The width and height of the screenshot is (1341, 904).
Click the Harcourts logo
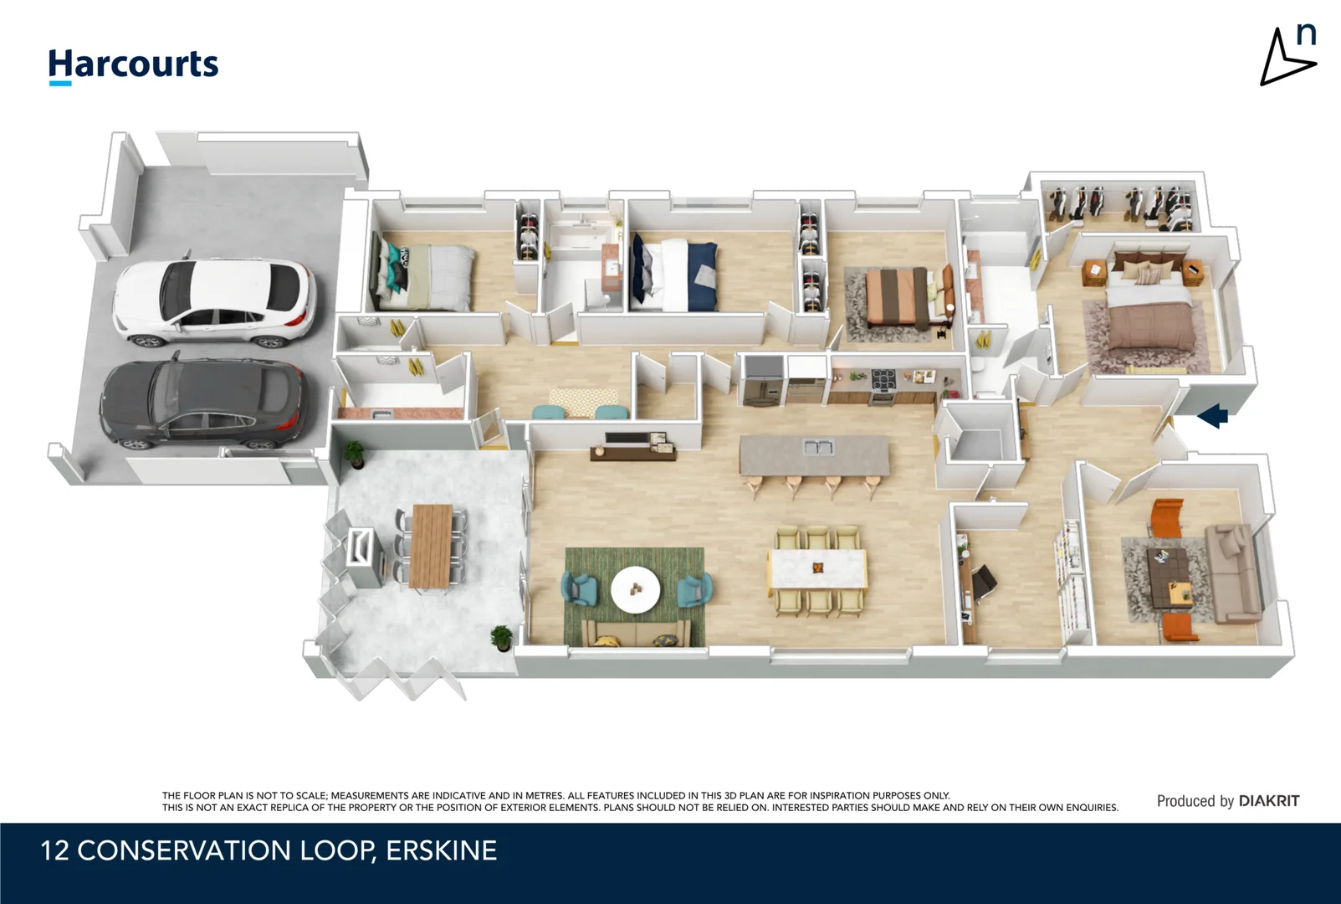point(133,65)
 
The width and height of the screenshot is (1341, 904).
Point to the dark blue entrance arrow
point(1212,415)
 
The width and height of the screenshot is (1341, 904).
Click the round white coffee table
point(635,589)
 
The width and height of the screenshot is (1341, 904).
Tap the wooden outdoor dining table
point(431,545)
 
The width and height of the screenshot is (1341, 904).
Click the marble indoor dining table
point(817,569)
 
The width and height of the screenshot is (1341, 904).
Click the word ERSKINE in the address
point(441,850)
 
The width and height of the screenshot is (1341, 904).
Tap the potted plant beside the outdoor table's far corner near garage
point(354,453)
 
